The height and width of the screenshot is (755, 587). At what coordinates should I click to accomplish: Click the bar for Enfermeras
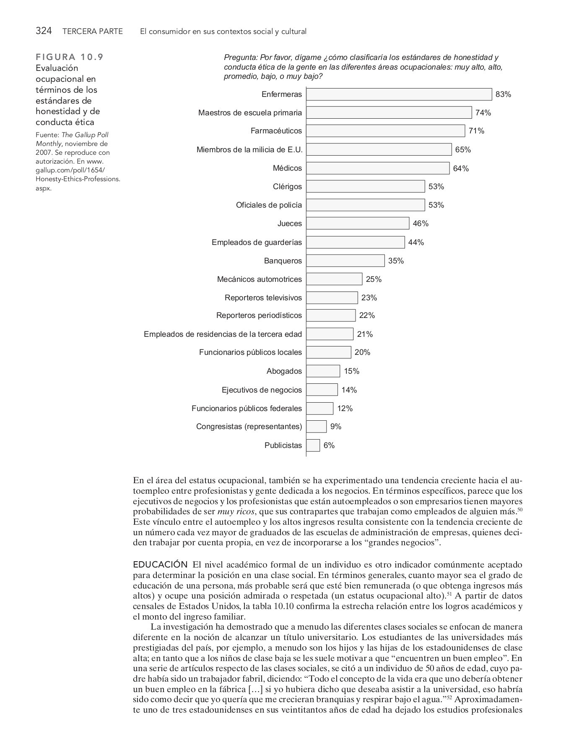tap(399, 94)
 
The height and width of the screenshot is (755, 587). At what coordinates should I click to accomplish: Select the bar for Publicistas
tap(313, 445)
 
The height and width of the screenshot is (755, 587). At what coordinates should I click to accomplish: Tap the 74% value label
tap(483, 113)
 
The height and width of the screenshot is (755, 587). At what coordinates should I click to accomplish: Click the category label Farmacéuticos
tap(276, 131)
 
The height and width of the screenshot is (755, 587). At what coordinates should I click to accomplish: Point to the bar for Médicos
tap(377, 168)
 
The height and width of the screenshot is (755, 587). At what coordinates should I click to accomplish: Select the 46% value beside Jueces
tap(421, 224)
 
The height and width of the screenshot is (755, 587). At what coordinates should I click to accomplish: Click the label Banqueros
tap(283, 261)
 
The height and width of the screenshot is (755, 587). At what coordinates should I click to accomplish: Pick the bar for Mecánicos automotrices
tap(334, 279)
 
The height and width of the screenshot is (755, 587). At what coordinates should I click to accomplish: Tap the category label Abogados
tap(284, 371)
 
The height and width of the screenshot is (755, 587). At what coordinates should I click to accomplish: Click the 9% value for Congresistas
tap(336, 427)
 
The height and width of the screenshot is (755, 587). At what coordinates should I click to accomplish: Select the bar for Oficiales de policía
tap(365, 205)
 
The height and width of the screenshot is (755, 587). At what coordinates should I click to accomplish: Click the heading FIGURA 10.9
tap(70, 57)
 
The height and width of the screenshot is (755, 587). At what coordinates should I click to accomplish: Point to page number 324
tap(44, 31)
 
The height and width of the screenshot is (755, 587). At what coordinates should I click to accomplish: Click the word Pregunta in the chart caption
tap(240, 58)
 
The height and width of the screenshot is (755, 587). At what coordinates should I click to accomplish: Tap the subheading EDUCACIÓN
tap(160, 565)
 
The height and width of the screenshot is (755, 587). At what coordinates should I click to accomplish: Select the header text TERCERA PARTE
tap(92, 31)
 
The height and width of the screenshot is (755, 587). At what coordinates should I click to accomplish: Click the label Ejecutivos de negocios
tap(262, 390)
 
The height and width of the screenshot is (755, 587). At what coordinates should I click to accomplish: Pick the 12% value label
tap(345, 409)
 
